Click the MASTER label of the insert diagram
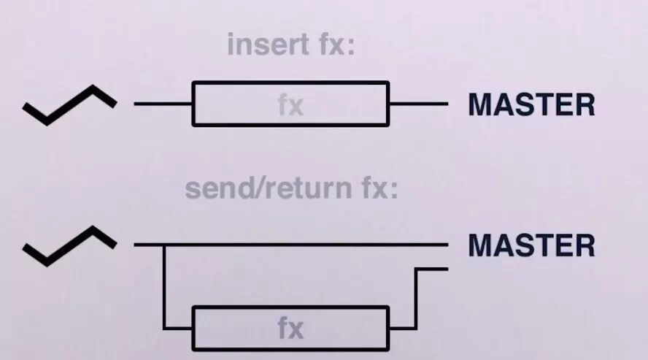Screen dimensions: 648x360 click(x=531, y=105)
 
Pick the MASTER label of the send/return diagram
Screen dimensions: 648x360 click(x=531, y=245)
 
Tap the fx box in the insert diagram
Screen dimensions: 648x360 click(x=290, y=104)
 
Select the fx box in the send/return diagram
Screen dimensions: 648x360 click(x=290, y=328)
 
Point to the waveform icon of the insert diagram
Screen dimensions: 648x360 click(x=69, y=104)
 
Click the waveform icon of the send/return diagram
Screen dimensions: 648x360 click(x=69, y=245)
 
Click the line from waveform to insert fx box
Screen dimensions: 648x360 click(x=163, y=104)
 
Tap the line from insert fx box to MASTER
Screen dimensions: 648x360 click(x=418, y=104)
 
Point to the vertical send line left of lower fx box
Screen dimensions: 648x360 click(x=165, y=288)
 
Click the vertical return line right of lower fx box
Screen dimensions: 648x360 click(x=415, y=299)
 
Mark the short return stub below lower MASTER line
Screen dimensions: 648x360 click(x=431, y=269)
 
